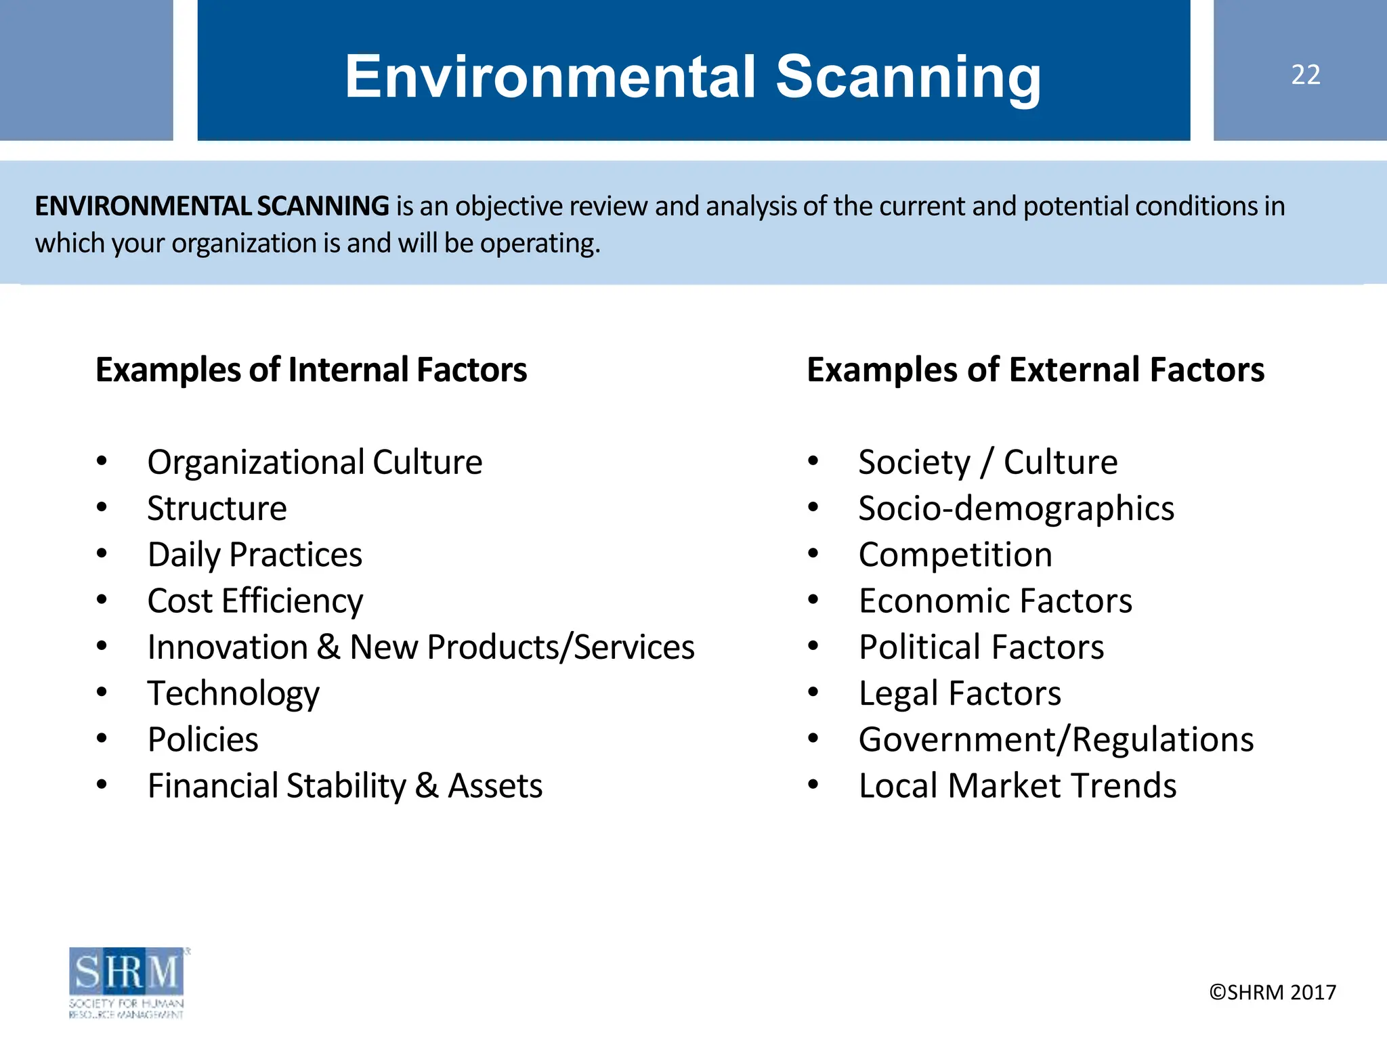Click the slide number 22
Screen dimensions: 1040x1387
click(x=1305, y=74)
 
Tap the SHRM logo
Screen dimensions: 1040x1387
click(x=127, y=982)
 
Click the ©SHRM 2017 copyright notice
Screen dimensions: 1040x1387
click(x=1273, y=992)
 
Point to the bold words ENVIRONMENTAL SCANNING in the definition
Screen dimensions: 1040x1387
click(x=212, y=206)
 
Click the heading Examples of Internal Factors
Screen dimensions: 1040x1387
click(x=311, y=370)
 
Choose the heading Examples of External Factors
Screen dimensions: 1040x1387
click(x=1036, y=370)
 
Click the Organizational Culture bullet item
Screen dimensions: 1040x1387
click(x=315, y=462)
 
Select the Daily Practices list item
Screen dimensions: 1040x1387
click(x=255, y=555)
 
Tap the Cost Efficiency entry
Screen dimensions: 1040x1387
click(x=255, y=601)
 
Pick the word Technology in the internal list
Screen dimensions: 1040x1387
click(x=234, y=693)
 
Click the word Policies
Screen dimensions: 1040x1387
click(x=203, y=739)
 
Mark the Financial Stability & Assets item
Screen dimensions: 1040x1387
click(x=345, y=785)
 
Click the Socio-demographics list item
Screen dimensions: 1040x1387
click(x=1016, y=508)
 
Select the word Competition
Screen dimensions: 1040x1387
click(x=955, y=555)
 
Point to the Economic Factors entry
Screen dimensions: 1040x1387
click(x=996, y=601)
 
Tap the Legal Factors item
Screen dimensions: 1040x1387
click(x=960, y=693)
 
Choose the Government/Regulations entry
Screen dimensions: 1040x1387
click(x=1056, y=739)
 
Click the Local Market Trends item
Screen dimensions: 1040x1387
click(x=1017, y=785)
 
